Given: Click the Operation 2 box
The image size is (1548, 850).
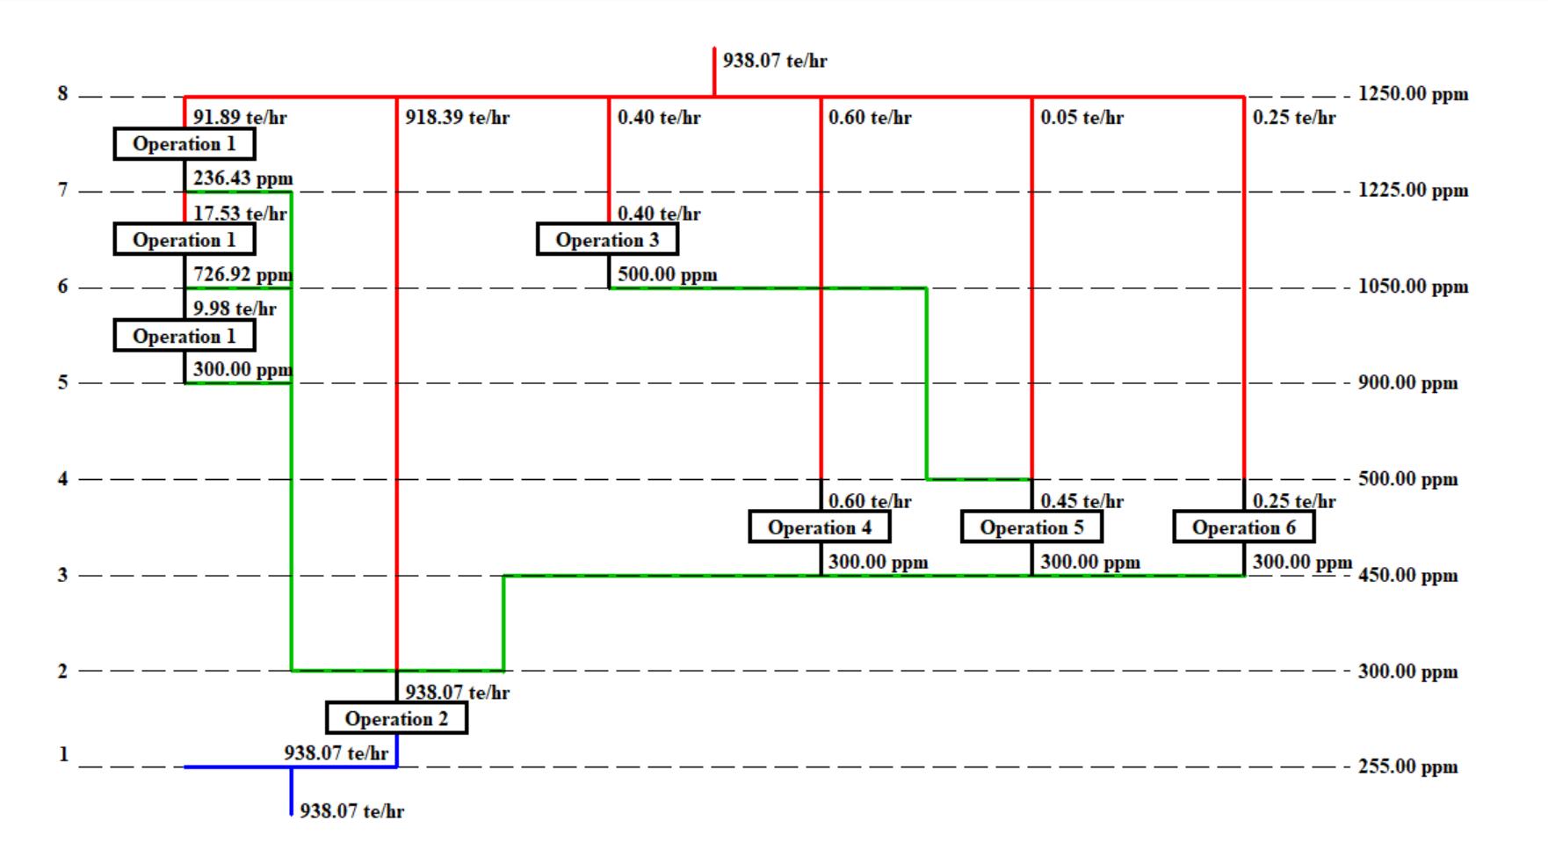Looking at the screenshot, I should pos(396,718).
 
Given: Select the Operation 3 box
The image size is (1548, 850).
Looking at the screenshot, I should pos(607,239).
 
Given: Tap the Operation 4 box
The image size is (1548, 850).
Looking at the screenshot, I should pos(820,527).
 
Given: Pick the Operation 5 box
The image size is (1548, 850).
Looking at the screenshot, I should pos(1031,527).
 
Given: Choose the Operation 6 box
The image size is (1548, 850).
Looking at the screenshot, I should pos(1243,527).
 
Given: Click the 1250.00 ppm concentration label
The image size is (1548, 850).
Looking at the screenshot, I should pos(1413,94).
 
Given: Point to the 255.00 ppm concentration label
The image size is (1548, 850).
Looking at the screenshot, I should pos(1407,766).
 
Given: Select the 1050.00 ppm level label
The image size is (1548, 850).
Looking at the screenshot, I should pos(1413,287).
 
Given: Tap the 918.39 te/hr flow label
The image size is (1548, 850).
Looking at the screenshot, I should pos(457,117).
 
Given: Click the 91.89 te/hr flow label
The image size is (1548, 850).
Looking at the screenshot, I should pos(240,117).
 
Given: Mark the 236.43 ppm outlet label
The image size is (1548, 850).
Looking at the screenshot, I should pos(242,178).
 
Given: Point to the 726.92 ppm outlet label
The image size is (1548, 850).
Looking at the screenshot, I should pos(242,274).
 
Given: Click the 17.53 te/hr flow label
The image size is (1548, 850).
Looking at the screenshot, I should pos(240,214).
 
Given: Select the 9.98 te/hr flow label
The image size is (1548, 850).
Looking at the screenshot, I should pos(235,309).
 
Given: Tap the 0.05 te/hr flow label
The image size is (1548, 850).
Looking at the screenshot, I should pos(1081,117).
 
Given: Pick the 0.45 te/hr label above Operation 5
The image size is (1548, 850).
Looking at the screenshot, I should pos(1081,501).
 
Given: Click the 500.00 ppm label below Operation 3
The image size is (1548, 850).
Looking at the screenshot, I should pos(667,274).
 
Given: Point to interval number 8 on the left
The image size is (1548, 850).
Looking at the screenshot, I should pos(62,93).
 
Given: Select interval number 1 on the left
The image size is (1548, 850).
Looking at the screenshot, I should pos(62,753).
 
